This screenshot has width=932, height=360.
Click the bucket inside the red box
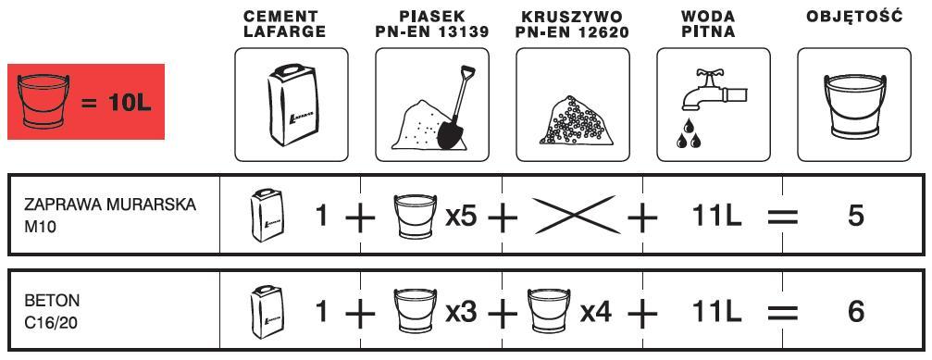[43, 102]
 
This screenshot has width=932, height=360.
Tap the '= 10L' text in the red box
[117, 104]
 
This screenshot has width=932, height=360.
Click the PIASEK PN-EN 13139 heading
[432, 24]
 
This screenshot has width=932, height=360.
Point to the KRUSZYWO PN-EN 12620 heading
[572, 24]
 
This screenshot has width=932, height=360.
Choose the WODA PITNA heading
[708, 24]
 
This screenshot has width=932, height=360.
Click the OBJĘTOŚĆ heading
[854, 16]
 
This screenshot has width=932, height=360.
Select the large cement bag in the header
[293, 105]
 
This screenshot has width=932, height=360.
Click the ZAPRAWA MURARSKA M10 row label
[110, 216]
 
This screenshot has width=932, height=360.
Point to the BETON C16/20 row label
[52, 312]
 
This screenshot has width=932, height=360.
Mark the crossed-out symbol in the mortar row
[573, 215]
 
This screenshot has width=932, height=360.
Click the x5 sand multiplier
[461, 217]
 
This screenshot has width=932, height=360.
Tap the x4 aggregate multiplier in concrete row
[596, 312]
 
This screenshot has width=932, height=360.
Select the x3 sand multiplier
[461, 312]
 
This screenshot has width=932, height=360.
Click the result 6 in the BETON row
[856, 312]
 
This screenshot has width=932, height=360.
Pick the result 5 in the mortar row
[856, 217]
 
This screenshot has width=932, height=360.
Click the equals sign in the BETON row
[782, 313]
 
